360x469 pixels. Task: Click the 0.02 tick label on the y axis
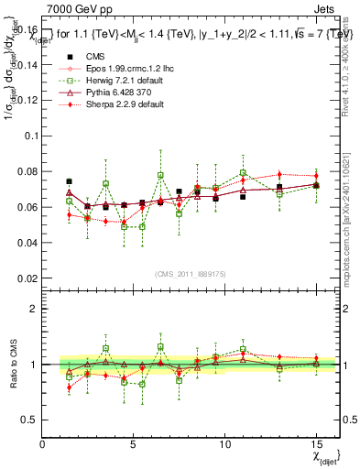[27, 278]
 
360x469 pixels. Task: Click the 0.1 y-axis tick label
[32, 136]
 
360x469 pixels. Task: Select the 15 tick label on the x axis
[316, 443]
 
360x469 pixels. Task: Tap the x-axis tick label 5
[134, 443]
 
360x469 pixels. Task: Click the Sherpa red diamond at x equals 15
[316, 175]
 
